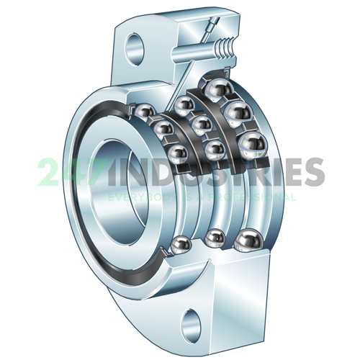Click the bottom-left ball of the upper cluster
pos(175,152)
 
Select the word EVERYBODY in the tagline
pos(137,196)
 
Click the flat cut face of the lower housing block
pos(238,295)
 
